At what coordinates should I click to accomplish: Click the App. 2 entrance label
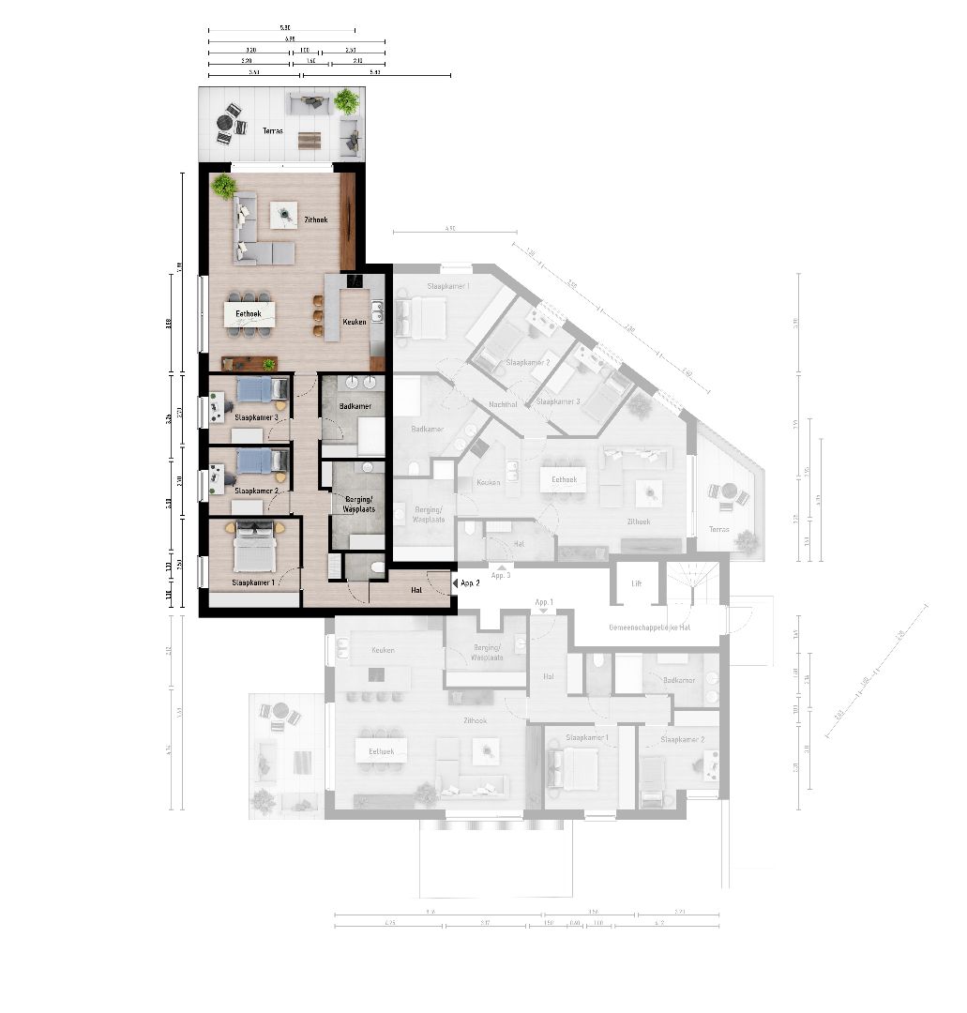(x=471, y=583)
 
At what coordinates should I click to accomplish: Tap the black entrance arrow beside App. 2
(x=456, y=583)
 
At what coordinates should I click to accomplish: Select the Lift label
(x=636, y=582)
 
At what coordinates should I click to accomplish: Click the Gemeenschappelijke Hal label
(x=649, y=627)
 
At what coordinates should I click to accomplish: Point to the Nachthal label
(x=503, y=404)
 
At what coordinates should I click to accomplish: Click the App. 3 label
(x=501, y=574)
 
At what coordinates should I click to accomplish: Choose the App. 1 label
(x=544, y=601)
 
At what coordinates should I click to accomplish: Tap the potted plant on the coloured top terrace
(x=347, y=100)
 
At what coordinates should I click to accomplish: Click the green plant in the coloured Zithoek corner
(x=224, y=186)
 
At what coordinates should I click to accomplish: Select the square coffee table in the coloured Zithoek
(x=283, y=216)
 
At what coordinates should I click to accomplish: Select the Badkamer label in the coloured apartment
(x=355, y=406)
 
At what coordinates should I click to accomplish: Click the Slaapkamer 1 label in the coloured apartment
(x=254, y=582)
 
